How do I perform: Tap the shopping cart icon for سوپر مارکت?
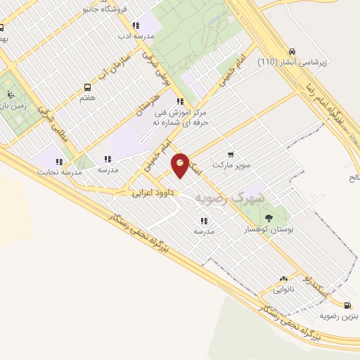[231, 153]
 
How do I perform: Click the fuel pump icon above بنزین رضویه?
[348, 304]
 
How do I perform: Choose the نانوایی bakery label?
[283, 290]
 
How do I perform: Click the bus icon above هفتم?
[87, 88]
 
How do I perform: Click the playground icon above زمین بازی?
[9, 93]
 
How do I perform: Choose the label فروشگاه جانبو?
[105, 11]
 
